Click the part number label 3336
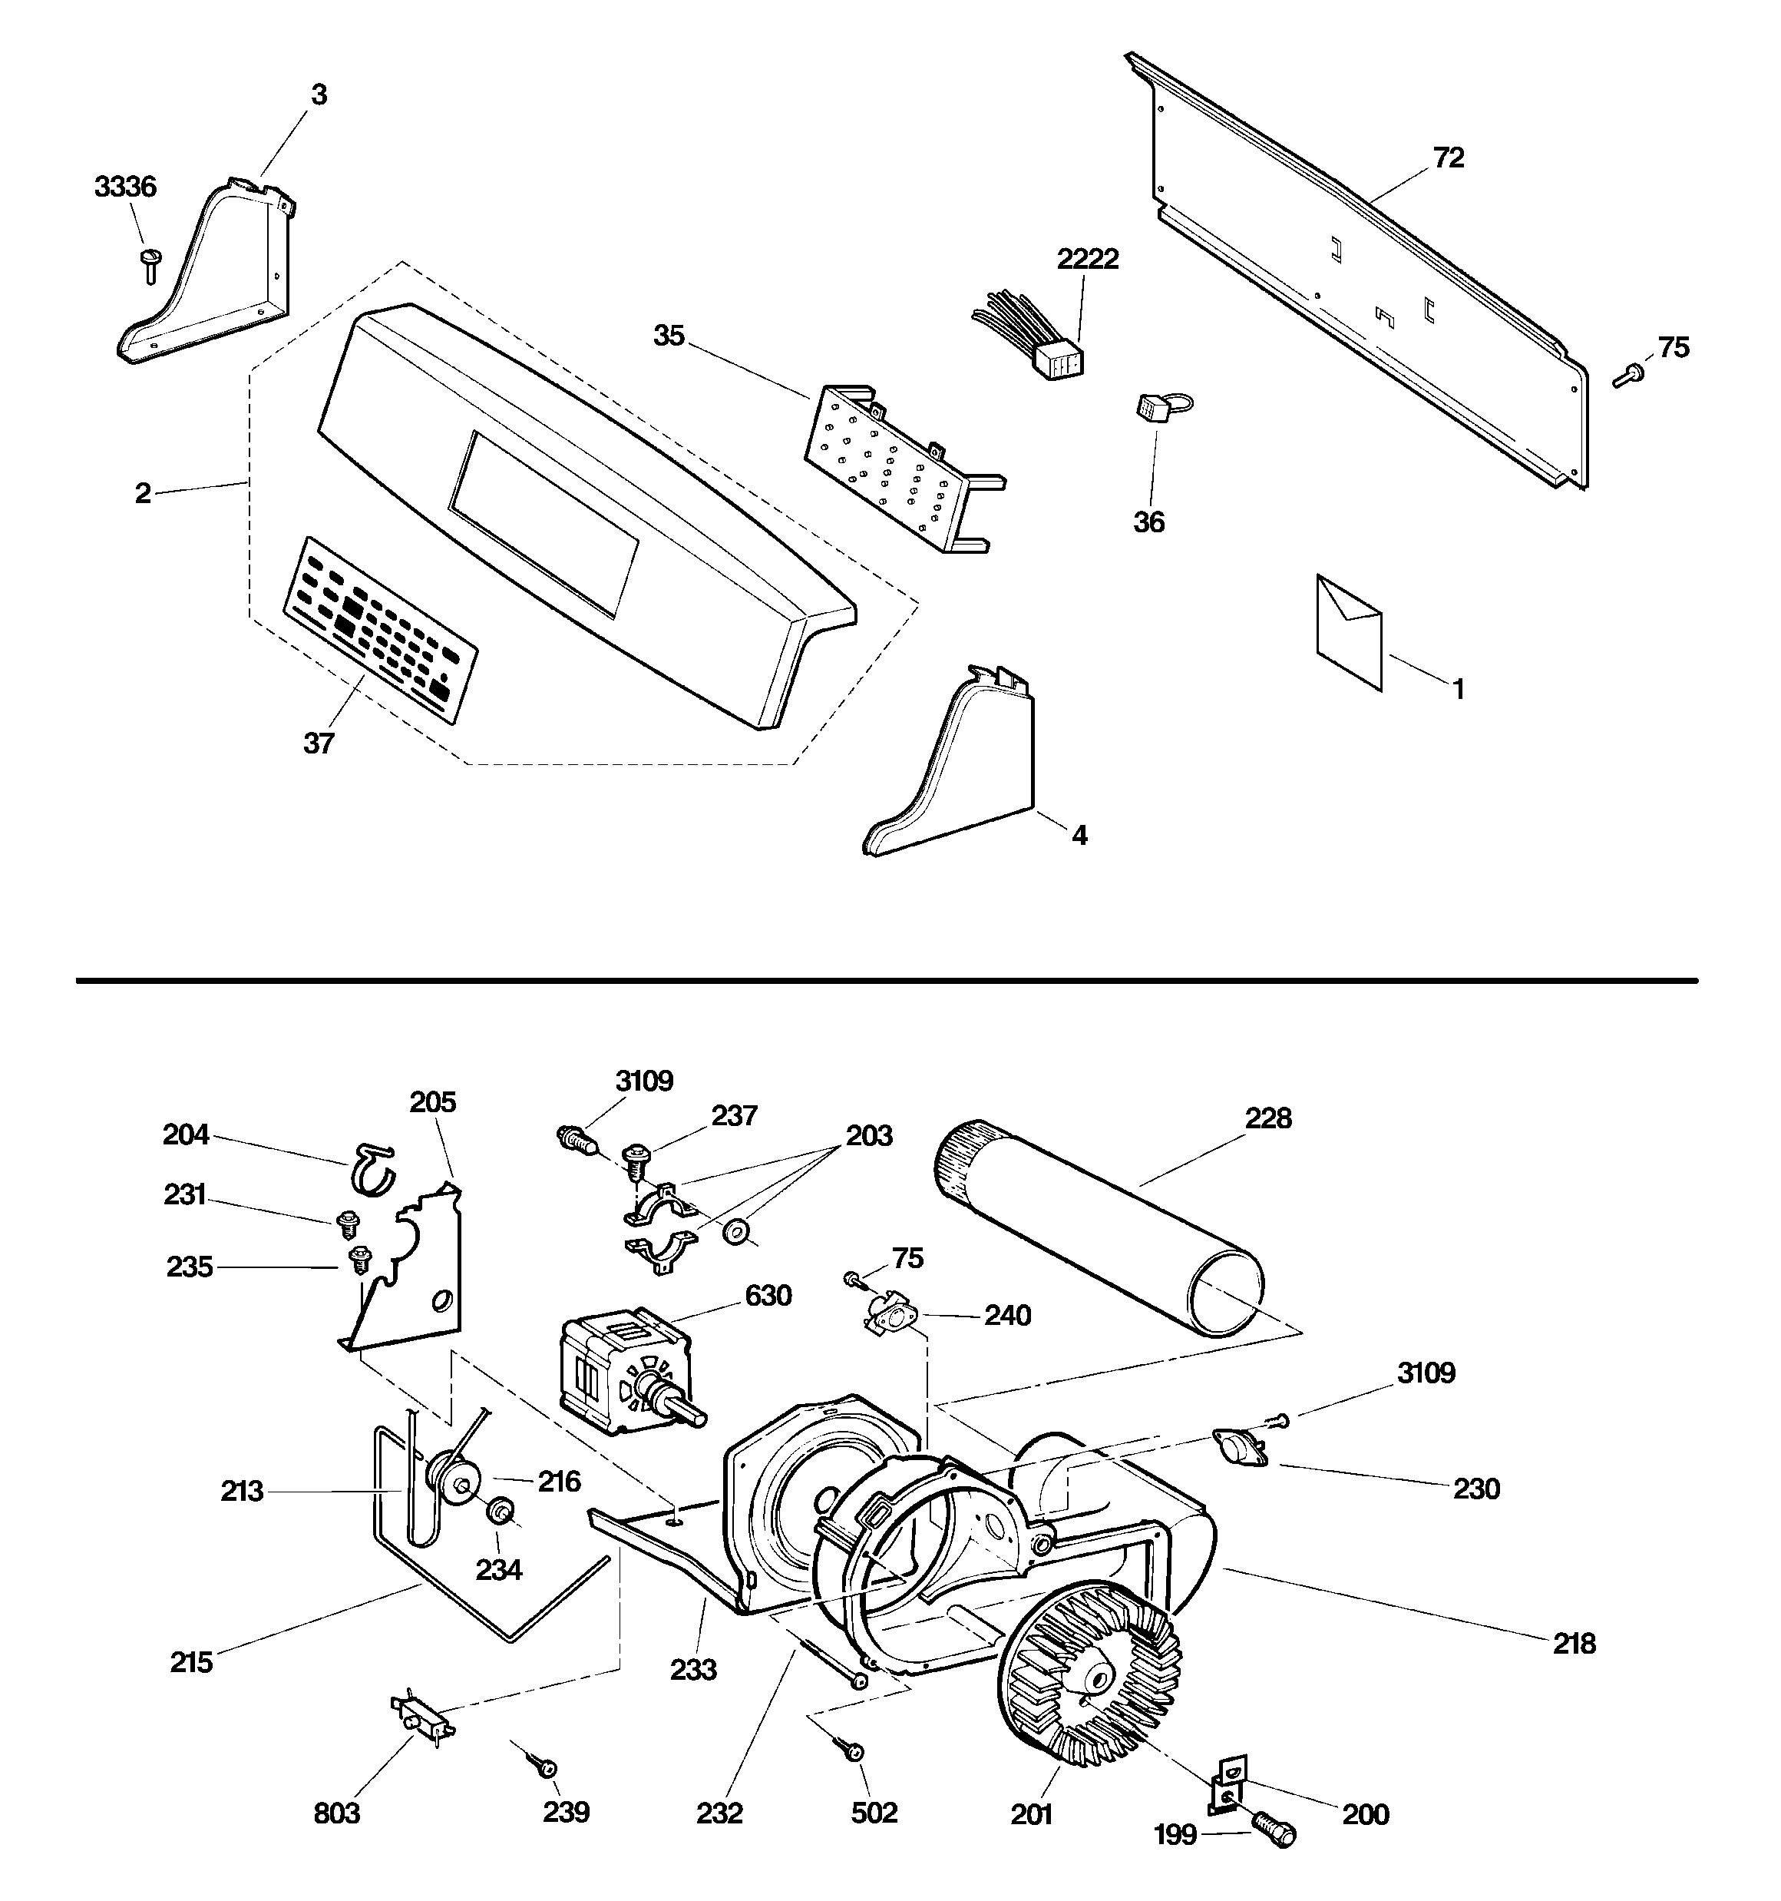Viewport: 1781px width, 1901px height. pos(125,187)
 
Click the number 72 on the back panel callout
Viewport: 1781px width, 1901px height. pos(1449,157)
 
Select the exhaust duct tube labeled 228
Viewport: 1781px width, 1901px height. pos(1099,1229)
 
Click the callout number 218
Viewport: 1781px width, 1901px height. pos(1574,1644)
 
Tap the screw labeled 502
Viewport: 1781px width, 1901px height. pos(853,1751)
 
